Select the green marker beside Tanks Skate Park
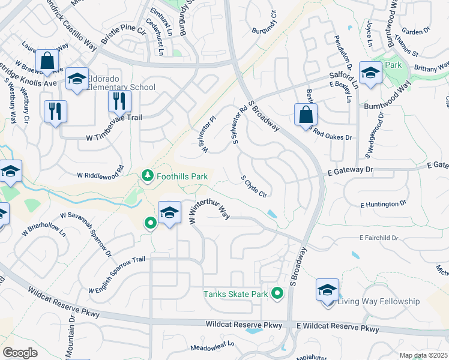coord(277,293)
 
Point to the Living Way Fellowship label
coord(378,301)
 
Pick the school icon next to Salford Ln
coord(370,73)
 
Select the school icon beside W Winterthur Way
coord(170,212)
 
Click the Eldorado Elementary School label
coord(121,83)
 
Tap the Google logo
coord(20,352)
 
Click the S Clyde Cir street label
coord(253,186)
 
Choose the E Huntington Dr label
coord(383,205)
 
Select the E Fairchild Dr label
coord(379,238)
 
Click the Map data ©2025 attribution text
coord(423,355)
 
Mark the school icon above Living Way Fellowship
coord(327,289)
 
